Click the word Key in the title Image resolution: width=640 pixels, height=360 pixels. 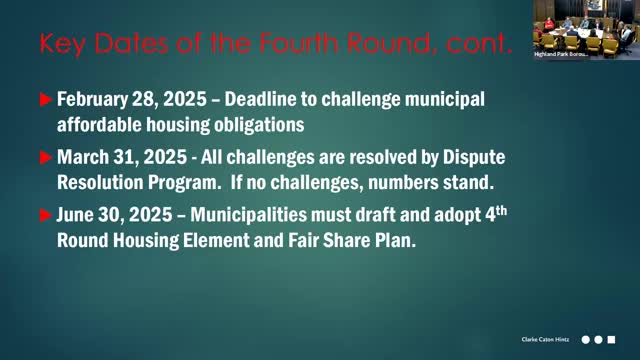tap(62, 44)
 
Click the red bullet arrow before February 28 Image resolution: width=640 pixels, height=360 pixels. tap(44, 99)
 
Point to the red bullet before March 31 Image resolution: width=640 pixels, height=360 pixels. tap(44, 158)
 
